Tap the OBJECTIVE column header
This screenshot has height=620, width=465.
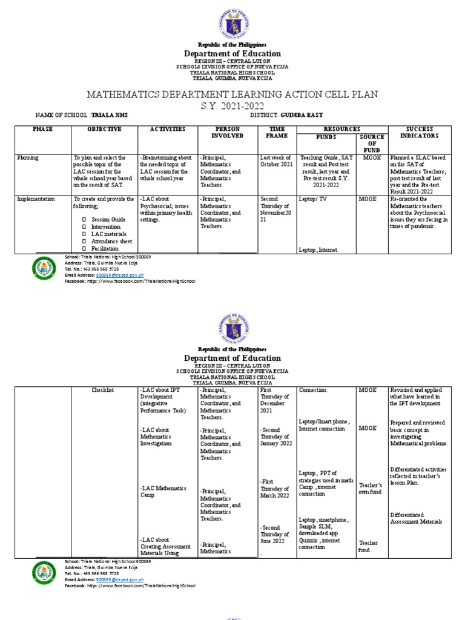pyautogui.click(x=104, y=129)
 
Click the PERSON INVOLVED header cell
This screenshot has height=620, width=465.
pyautogui.click(x=226, y=133)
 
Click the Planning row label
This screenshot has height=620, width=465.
pyautogui.click(x=28, y=158)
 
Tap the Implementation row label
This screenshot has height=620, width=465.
pyautogui.click(x=36, y=199)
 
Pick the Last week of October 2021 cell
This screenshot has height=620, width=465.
pyautogui.click(x=275, y=161)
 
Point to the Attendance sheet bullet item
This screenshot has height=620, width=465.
pyautogui.click(x=112, y=241)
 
